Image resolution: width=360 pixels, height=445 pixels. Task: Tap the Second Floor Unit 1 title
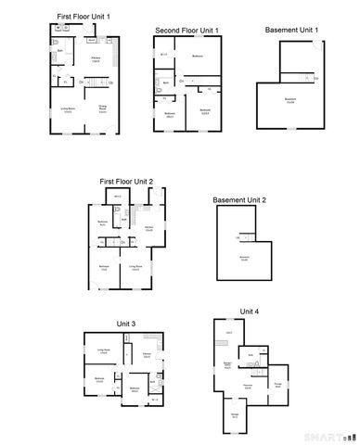click(x=186, y=31)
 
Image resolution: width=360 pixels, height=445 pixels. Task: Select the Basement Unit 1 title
click(x=291, y=31)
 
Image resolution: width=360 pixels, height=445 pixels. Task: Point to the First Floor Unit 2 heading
click(x=126, y=182)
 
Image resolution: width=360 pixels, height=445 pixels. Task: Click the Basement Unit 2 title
click(x=239, y=200)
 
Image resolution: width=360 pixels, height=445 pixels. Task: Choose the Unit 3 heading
click(x=126, y=323)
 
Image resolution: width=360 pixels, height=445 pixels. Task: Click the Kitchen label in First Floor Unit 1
click(x=96, y=57)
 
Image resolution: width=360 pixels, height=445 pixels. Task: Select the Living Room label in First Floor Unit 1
click(x=68, y=108)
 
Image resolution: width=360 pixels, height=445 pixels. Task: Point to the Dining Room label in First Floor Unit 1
click(x=103, y=108)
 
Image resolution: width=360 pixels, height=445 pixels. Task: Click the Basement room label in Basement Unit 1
click(x=290, y=99)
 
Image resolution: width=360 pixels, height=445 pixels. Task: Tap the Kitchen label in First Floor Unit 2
click(x=148, y=226)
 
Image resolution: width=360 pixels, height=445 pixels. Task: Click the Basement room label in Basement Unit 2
click(x=244, y=258)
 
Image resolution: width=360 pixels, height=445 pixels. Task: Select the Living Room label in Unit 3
click(x=104, y=350)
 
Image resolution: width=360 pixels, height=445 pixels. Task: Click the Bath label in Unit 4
click(x=251, y=354)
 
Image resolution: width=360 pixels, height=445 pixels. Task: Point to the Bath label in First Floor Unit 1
click(x=58, y=50)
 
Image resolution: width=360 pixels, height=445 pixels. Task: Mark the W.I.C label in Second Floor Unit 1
click(x=163, y=54)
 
